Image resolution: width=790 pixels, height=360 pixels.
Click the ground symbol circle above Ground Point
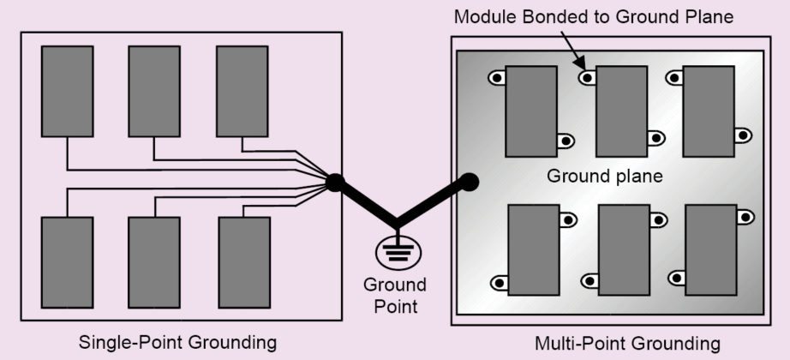click(x=397, y=251)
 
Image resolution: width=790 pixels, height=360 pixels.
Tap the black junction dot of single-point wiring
click(x=335, y=182)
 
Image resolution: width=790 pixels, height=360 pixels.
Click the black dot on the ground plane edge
click(x=469, y=182)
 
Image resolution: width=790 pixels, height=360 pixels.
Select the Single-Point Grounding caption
click(x=178, y=342)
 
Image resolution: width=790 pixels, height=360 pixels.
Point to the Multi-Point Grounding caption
click(x=628, y=344)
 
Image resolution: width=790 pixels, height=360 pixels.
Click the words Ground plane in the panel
click(x=605, y=177)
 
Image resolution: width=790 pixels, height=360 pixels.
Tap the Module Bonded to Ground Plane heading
click(x=594, y=16)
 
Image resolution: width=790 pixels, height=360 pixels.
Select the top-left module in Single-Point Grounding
click(x=68, y=92)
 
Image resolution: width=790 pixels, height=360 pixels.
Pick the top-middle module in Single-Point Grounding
click(x=154, y=92)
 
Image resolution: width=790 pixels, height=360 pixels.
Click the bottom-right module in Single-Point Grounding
click(x=244, y=262)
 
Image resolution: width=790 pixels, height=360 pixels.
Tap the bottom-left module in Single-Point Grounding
click(x=68, y=262)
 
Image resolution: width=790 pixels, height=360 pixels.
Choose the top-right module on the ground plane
click(x=709, y=111)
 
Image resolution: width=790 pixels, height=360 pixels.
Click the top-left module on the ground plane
click(x=531, y=111)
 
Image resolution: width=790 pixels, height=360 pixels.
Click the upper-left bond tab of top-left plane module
click(x=497, y=78)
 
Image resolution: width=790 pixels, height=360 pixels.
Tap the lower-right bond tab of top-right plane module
click(x=743, y=135)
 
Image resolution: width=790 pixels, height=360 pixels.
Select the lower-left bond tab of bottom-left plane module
click(x=499, y=283)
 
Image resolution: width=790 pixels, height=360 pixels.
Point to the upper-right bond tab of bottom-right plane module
click(x=745, y=218)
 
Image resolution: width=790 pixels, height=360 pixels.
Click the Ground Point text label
click(x=395, y=293)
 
